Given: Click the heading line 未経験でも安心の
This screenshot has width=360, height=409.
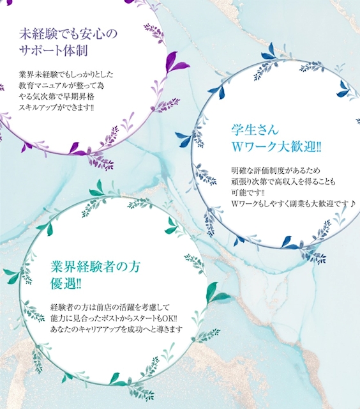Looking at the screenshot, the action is (68, 34).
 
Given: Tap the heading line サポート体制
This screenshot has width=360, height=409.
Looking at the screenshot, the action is (54, 50).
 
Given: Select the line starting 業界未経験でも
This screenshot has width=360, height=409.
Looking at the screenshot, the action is (66, 75).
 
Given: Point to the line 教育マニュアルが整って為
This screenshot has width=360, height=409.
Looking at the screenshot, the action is (61, 86).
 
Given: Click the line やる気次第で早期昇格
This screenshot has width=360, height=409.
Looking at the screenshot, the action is (57, 96).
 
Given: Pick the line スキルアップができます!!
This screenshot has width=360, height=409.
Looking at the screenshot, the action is (56, 107).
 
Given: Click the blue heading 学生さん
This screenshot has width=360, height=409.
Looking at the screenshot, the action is (255, 130).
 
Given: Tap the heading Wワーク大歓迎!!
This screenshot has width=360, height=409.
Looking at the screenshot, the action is (276, 147).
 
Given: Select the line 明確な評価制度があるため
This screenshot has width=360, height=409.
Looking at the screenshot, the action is (276, 171).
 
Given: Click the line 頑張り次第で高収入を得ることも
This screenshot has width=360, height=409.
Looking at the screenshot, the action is (283, 181).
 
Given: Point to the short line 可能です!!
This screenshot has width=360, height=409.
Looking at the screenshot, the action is (248, 192).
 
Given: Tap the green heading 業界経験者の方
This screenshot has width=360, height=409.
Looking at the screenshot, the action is (95, 266).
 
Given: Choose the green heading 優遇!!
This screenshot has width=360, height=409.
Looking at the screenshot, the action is (66, 284).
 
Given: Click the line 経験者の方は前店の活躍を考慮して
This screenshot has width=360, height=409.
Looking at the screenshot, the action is (110, 307).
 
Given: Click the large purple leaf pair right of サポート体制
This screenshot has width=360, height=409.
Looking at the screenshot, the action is (176, 62).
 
